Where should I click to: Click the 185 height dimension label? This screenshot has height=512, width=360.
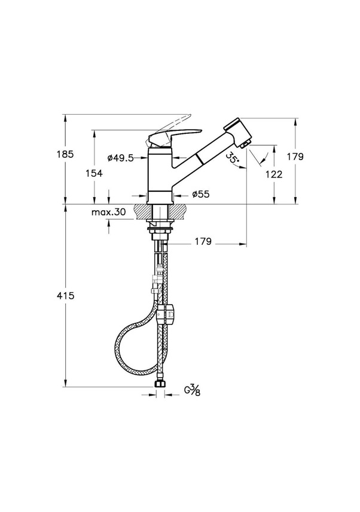click(66, 154)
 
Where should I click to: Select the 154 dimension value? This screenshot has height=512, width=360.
click(94, 173)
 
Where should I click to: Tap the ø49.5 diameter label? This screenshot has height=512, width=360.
click(120, 158)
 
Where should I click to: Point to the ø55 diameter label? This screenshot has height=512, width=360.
click(201, 194)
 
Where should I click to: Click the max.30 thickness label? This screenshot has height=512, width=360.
click(108, 212)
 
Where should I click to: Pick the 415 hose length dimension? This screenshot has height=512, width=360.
click(66, 296)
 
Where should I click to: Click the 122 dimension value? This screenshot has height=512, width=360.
click(274, 174)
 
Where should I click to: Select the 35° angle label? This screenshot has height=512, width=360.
click(233, 159)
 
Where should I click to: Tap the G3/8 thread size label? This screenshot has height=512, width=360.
click(193, 390)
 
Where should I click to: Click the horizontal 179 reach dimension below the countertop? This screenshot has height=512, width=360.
click(203, 241)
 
